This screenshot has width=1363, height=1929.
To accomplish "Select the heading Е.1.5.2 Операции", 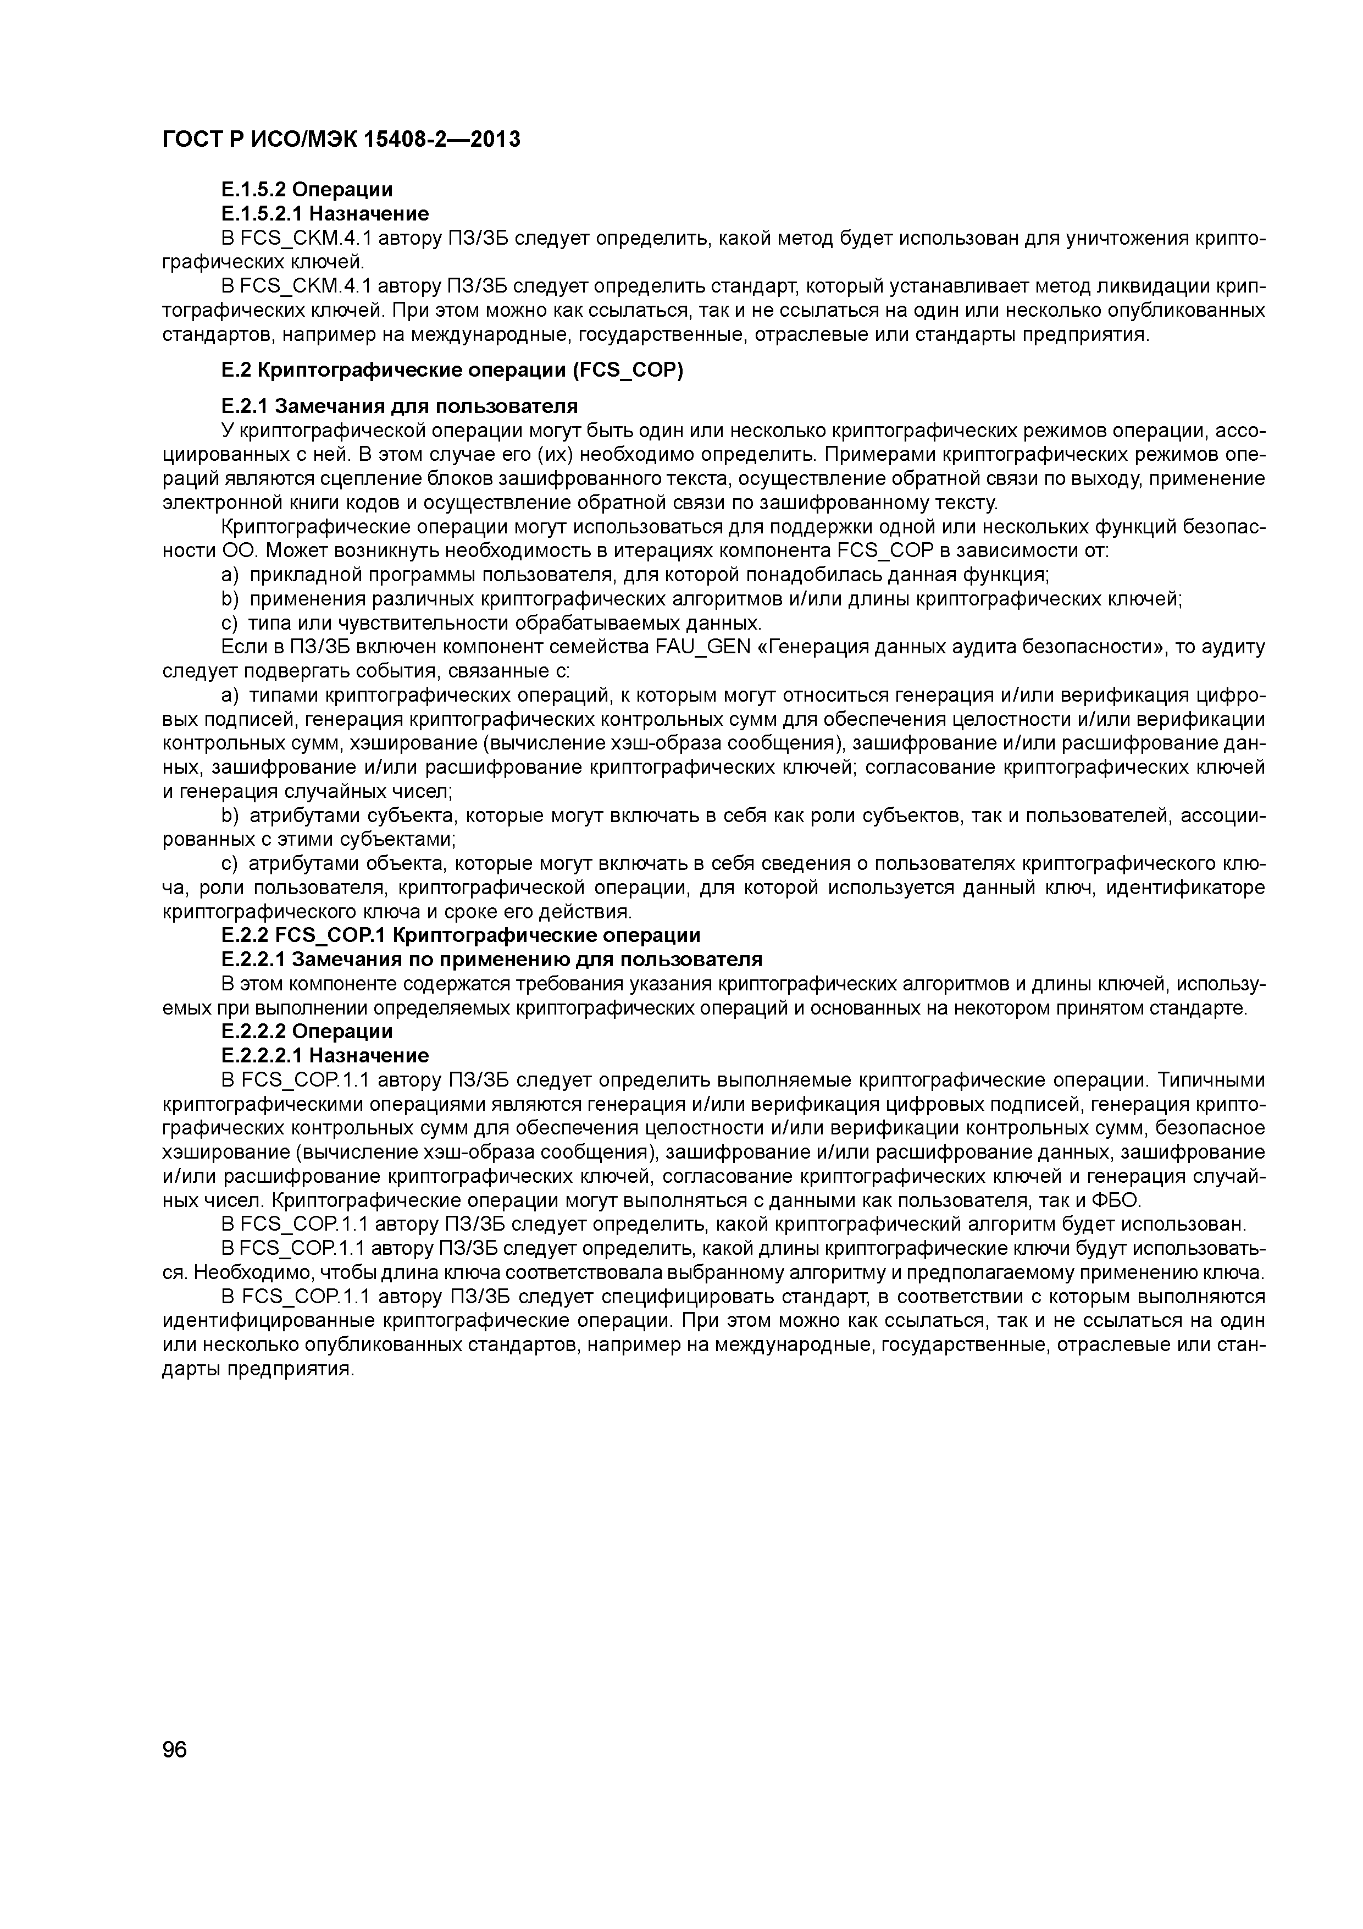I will [307, 190].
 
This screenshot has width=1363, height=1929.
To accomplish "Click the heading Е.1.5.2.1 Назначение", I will [324, 213].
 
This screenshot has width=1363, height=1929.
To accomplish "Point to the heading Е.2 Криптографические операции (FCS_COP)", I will [452, 371].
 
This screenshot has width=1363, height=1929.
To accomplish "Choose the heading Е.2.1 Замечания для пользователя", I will [399, 406].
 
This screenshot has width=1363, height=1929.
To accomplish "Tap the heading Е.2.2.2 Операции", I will [307, 1031].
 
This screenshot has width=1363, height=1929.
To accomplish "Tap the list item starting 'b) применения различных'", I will [701, 599].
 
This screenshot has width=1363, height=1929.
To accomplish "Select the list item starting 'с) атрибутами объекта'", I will [714, 864].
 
